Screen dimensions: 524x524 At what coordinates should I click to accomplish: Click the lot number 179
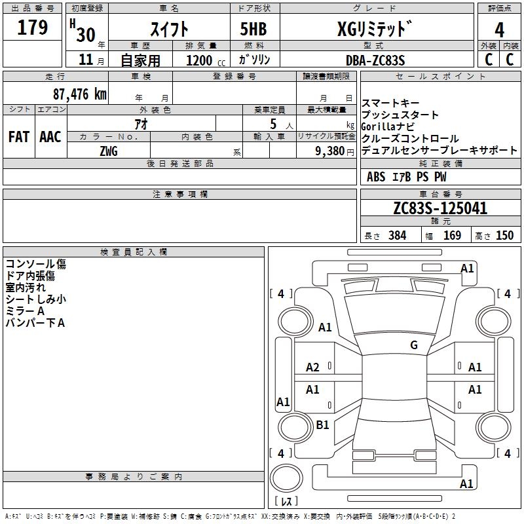[x=33, y=28]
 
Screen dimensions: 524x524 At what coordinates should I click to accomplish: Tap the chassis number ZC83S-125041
[x=440, y=208]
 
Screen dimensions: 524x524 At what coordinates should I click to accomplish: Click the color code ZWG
[x=109, y=151]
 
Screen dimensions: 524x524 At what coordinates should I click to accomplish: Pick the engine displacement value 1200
[x=198, y=60]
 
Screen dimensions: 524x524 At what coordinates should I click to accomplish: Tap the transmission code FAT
[x=18, y=137]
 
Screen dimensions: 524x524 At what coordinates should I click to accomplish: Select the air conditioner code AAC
[x=50, y=137]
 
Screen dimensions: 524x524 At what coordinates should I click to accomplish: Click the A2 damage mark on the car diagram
[x=313, y=367]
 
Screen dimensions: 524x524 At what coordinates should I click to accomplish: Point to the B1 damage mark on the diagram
[x=322, y=425]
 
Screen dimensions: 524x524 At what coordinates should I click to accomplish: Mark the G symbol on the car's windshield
[x=413, y=345]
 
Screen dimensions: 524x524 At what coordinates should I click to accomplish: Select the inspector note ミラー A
[x=25, y=310]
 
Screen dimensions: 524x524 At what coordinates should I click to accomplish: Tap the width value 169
[x=452, y=236]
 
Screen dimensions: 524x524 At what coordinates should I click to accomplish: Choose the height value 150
[x=504, y=236]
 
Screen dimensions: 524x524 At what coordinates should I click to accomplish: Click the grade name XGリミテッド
[x=375, y=29]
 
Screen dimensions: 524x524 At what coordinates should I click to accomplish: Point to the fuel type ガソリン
[x=254, y=60]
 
